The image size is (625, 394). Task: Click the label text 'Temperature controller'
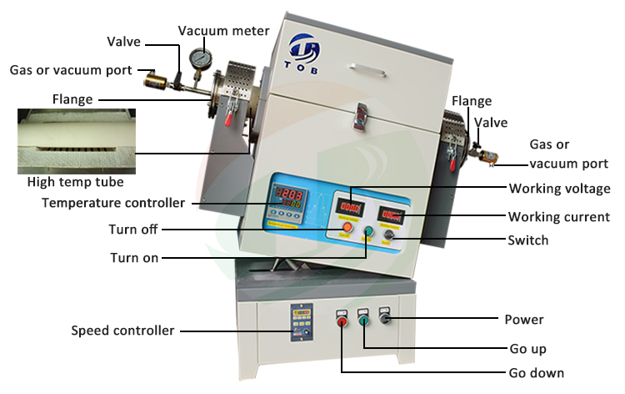tap(113, 203)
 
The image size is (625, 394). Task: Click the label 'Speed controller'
tap(123, 331)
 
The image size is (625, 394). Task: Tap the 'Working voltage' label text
tap(559, 189)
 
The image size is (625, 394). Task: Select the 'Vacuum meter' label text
tap(224, 31)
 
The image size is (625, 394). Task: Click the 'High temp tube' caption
tap(76, 182)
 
